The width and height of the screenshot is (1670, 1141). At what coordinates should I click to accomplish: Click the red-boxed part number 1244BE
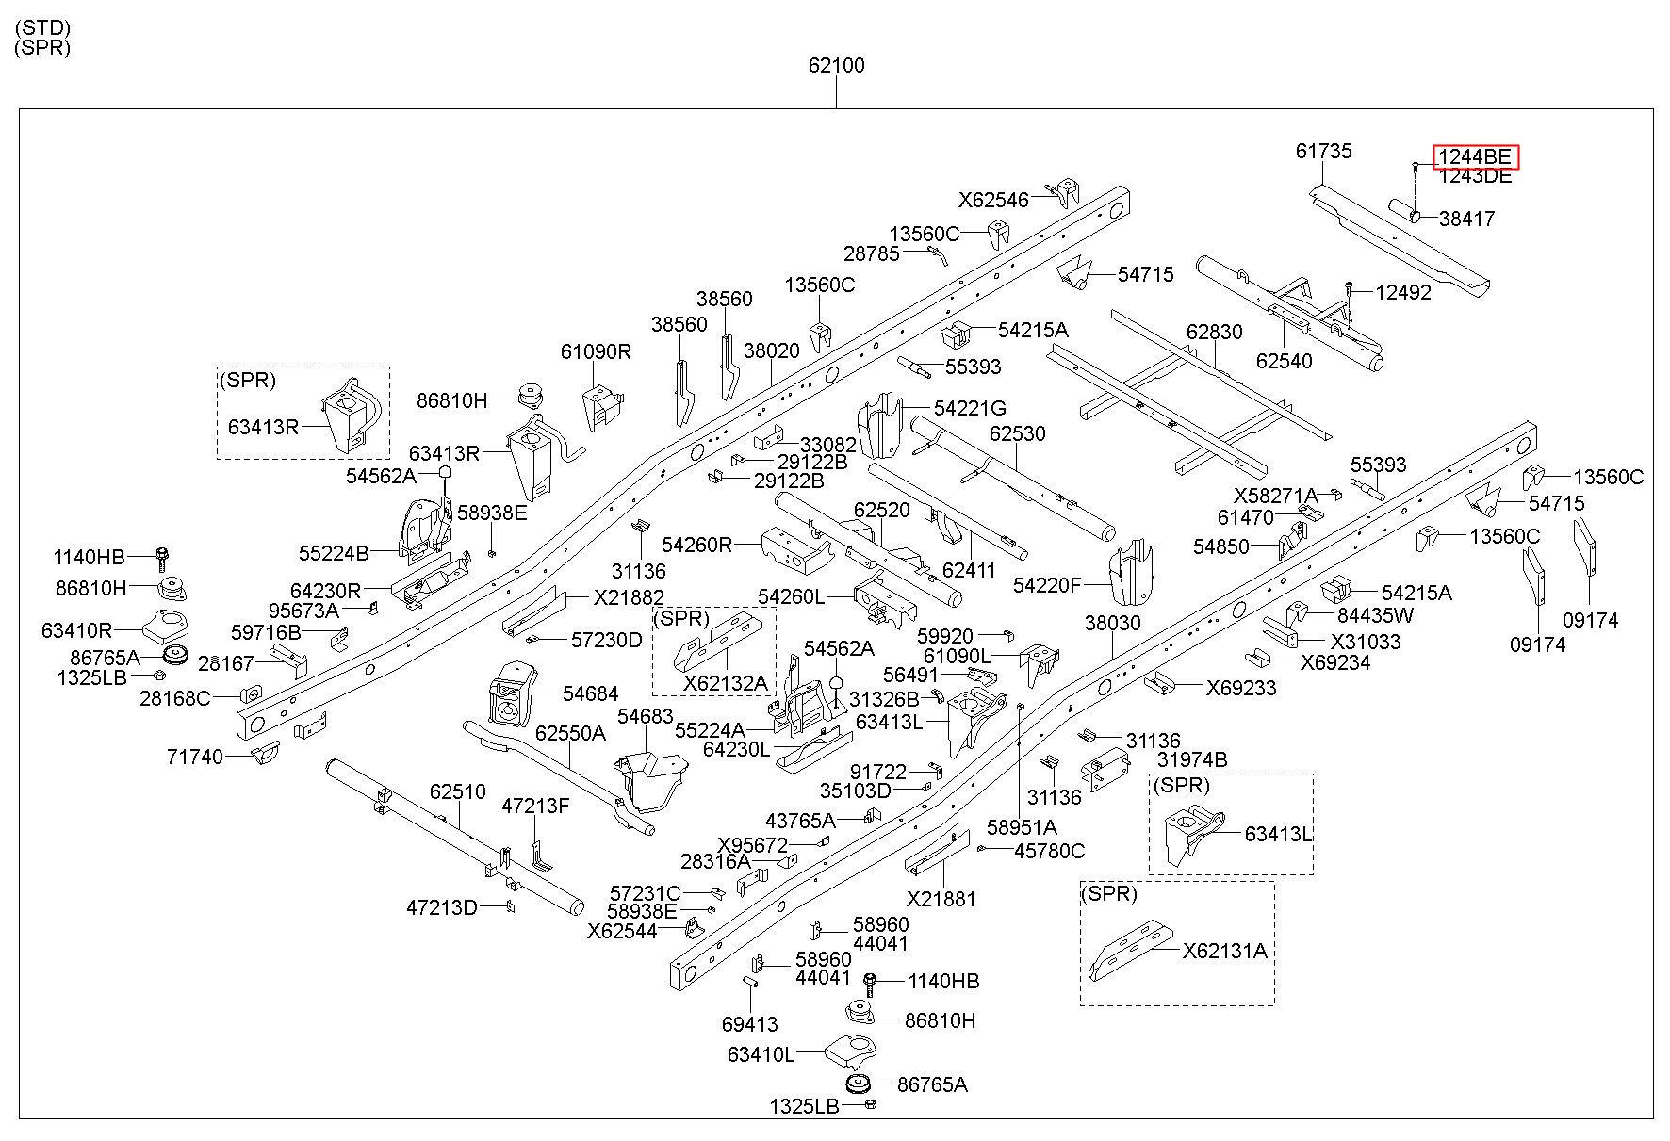click(1476, 156)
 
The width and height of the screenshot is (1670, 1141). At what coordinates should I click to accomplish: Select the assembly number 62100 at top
click(836, 65)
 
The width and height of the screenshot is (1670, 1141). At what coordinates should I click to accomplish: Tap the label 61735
click(1323, 151)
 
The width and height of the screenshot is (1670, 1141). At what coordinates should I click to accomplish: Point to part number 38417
click(1466, 219)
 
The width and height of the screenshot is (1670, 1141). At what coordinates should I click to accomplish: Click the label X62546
click(994, 200)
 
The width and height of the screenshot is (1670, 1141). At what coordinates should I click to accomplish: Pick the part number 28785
click(872, 253)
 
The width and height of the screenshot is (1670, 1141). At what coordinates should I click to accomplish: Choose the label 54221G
click(970, 408)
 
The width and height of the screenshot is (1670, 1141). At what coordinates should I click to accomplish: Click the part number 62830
click(1215, 332)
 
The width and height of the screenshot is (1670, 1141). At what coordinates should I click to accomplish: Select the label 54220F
click(1047, 585)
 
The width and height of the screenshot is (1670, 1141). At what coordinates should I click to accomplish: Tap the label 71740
click(195, 757)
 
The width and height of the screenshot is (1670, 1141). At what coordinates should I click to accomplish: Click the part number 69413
click(750, 1024)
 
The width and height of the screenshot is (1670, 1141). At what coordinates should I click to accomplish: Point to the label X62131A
click(1225, 951)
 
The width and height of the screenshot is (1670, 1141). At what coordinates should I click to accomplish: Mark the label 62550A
click(570, 732)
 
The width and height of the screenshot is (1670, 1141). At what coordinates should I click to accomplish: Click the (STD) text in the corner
click(42, 27)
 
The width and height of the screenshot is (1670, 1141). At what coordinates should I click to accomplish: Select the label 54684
click(591, 693)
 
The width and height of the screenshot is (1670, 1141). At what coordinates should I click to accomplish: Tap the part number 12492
click(1403, 292)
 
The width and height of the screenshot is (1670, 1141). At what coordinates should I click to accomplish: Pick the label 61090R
click(596, 351)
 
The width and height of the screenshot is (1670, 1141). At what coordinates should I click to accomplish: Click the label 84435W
click(1376, 615)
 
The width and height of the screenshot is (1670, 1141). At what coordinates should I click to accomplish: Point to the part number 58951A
click(1023, 827)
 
